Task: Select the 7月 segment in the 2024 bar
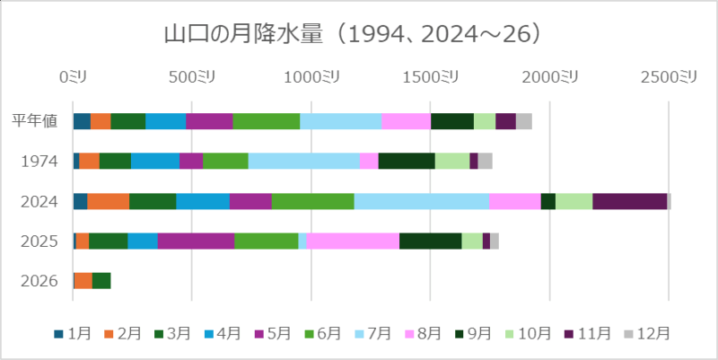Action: click(421, 201)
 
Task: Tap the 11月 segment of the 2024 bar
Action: click(629, 201)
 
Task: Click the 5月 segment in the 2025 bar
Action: click(196, 241)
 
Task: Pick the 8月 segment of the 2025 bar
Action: click(353, 241)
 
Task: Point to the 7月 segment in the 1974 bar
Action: click(303, 161)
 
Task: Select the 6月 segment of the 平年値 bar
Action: click(266, 121)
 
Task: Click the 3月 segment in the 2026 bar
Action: click(101, 280)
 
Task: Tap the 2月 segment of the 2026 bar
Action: click(83, 280)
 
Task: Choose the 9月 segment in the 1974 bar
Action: click(407, 161)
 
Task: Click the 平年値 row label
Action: click(36, 121)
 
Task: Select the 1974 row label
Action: click(38, 162)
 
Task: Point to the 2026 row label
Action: click(38, 281)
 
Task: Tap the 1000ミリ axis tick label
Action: click(310, 77)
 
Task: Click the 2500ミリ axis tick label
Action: click(668, 77)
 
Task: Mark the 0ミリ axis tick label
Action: click(73, 77)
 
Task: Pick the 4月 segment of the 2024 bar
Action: click(202, 201)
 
